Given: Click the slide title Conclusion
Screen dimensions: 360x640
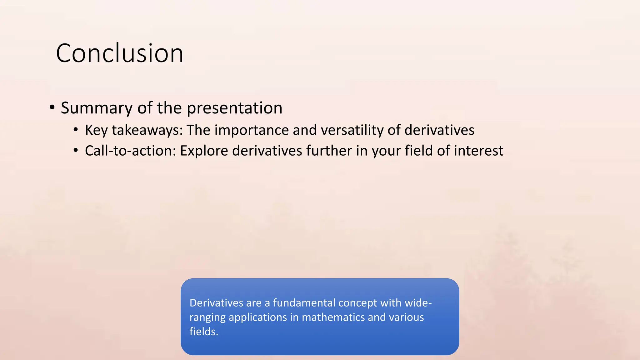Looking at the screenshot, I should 119,53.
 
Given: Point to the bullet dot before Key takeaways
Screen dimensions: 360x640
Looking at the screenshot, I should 76,130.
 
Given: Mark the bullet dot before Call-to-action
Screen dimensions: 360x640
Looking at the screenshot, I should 76,150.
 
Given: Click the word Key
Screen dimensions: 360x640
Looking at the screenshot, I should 96,130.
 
